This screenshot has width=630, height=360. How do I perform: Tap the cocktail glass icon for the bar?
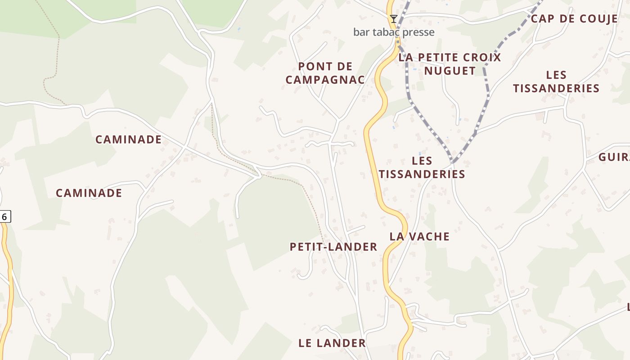coord(394,18)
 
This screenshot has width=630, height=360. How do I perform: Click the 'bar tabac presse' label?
coord(394,32)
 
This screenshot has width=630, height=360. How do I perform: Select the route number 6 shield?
coord(4,216)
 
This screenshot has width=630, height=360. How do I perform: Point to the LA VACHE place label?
coord(419,236)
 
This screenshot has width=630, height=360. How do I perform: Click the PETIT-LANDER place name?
coord(333,247)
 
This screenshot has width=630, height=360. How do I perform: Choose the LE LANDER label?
coord(332,343)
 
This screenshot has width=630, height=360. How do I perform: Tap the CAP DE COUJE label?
coord(574,19)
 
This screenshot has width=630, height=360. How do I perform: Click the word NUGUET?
coord(450,71)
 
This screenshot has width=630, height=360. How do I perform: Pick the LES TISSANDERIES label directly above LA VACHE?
coord(422,167)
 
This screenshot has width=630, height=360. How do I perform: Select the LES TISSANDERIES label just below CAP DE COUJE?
coord(556,81)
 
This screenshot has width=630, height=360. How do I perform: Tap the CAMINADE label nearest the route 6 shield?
coord(89,193)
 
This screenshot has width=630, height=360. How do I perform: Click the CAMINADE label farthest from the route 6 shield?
coord(128,139)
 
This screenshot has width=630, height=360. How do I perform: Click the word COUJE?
coord(595,19)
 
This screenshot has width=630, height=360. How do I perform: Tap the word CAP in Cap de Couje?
coord(542,19)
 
